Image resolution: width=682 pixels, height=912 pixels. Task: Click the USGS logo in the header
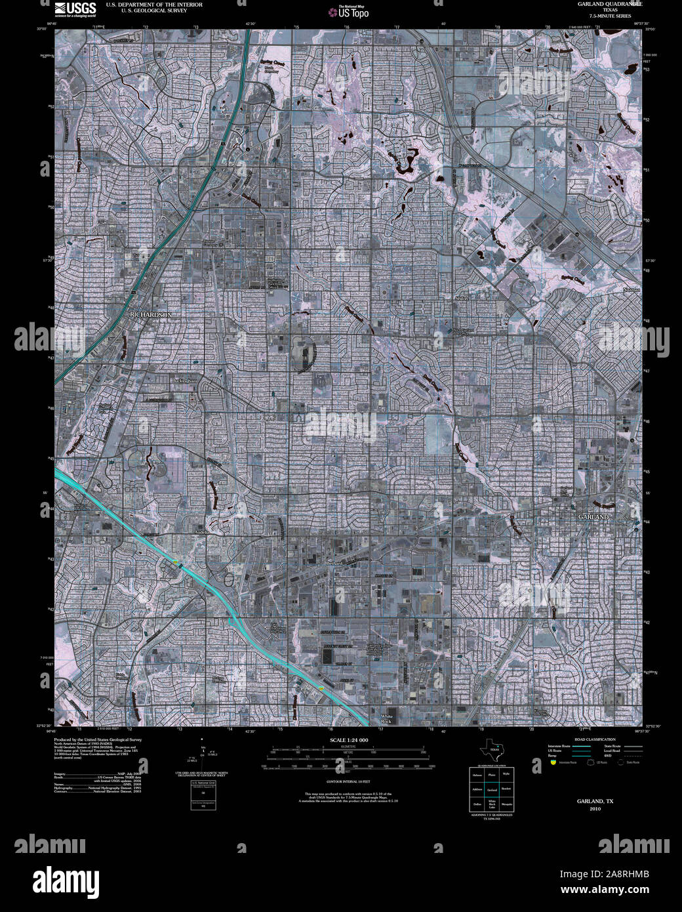[x=75, y=9]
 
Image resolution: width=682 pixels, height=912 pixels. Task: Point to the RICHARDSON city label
[x=151, y=315]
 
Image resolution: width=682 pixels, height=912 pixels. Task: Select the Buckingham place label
[x=184, y=380]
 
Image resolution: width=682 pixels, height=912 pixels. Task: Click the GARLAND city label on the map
[x=593, y=517]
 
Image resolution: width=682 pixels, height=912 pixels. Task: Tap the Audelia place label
[x=201, y=532]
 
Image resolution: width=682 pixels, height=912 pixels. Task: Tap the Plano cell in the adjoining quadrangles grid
[x=491, y=775]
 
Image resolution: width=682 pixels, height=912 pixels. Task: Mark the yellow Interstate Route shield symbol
[x=553, y=762]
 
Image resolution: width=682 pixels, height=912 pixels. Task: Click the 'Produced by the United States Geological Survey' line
[x=97, y=739]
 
